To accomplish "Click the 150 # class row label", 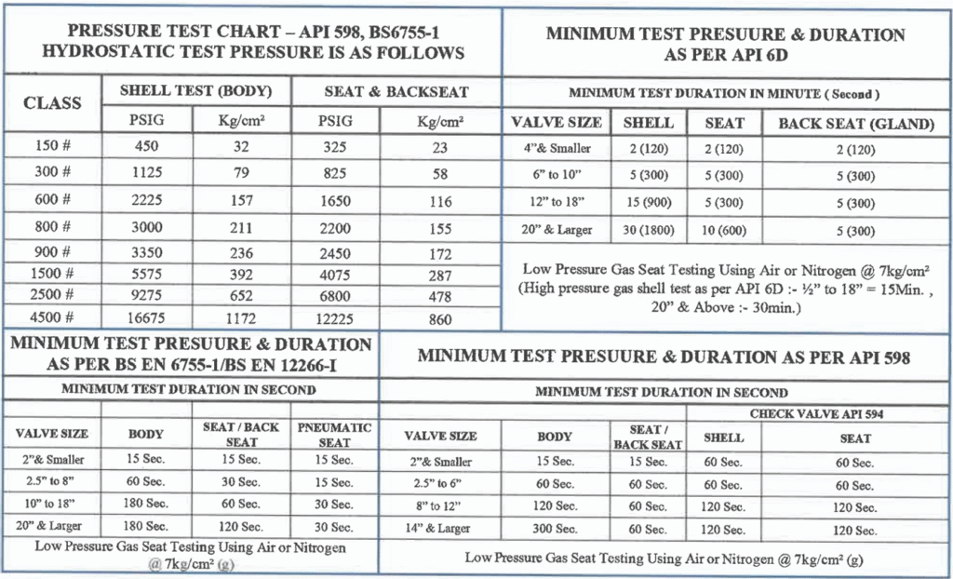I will pyautogui.click(x=52, y=146).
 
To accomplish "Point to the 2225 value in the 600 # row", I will pyautogui.click(x=146, y=199).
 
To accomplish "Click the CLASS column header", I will pyautogui.click(x=52, y=102).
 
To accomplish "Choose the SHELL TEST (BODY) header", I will pyautogui.click(x=195, y=91).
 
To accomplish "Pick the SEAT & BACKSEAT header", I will pyautogui.click(x=396, y=91).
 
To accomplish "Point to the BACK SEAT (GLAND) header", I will pyautogui.click(x=855, y=123).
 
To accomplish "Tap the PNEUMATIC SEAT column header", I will pyautogui.click(x=334, y=435).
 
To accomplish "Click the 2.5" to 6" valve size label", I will pyautogui.click(x=441, y=484).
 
